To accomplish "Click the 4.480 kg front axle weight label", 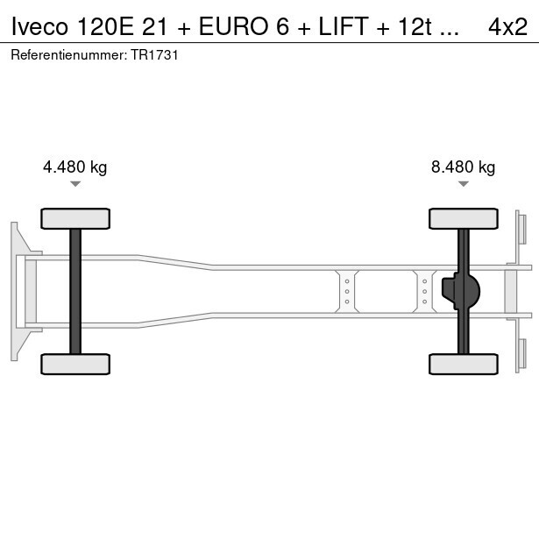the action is tap(75, 167).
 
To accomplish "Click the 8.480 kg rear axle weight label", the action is tap(463, 167).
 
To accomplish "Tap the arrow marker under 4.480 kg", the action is tap(75, 184).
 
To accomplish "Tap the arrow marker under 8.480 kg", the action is tap(464, 184).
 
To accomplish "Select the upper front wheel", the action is tap(75, 218).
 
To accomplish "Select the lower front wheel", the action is tap(75, 364).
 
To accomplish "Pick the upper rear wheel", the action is tap(464, 218).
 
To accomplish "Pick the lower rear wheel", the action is tap(464, 364).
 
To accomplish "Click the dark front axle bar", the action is tap(75, 292).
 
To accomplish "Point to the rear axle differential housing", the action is tap(461, 291).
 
